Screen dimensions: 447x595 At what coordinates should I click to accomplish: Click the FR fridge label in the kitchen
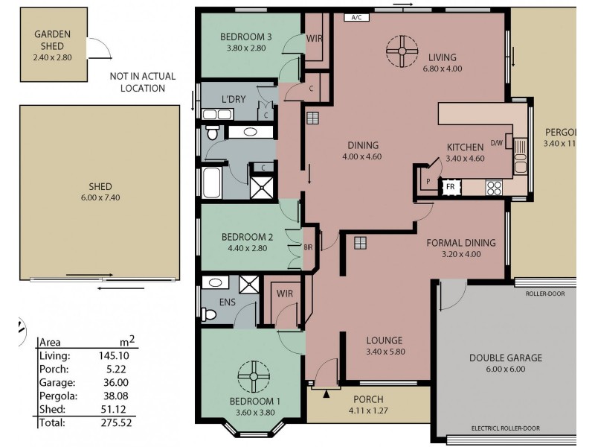(x=450, y=186)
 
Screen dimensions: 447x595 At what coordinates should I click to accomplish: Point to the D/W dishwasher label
(x=497, y=143)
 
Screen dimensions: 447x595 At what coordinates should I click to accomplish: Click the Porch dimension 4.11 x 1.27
(x=367, y=410)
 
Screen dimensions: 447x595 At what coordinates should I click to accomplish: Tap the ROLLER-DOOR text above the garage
(x=545, y=294)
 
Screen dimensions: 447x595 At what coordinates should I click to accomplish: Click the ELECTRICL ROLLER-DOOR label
(x=506, y=428)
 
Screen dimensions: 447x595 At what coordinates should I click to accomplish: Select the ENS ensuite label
(x=228, y=303)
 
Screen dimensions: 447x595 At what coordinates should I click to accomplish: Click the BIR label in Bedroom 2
(x=308, y=247)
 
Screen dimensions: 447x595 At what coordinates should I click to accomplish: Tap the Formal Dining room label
(x=460, y=242)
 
